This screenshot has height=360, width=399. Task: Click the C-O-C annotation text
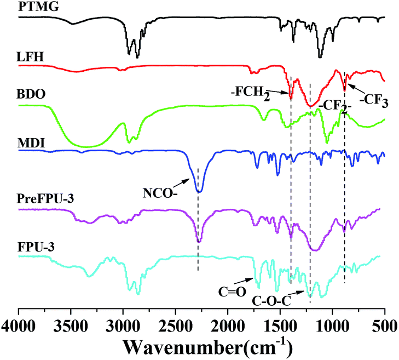(x=270, y=300)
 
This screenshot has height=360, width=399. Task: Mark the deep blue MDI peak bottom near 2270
(x=199, y=191)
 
